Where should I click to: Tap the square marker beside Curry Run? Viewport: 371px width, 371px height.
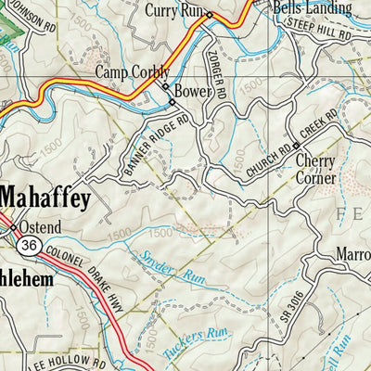point(210,15)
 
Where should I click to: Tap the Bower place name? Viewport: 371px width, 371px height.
point(194,93)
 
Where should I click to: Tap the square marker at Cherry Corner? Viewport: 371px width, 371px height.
point(296,146)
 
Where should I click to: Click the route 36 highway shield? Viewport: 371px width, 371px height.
point(29,245)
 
